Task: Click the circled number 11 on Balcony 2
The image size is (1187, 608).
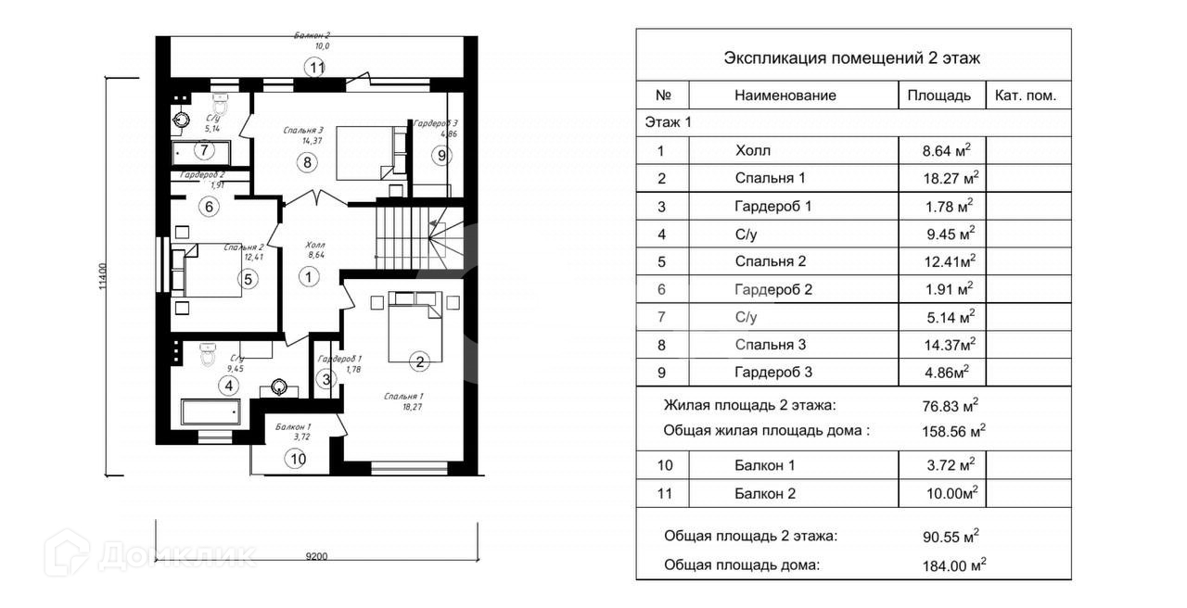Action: click(x=317, y=67)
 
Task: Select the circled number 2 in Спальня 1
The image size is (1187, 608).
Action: click(x=419, y=362)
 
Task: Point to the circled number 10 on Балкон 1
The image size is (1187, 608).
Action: click(x=297, y=457)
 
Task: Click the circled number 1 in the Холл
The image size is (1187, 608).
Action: click(x=307, y=275)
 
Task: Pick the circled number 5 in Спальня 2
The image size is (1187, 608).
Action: click(x=248, y=278)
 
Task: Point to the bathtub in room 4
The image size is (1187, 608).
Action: click(x=211, y=412)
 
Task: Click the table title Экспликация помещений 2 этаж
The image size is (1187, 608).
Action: click(x=852, y=57)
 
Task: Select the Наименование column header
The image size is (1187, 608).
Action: click(x=785, y=95)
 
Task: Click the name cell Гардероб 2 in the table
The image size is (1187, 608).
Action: click(x=773, y=289)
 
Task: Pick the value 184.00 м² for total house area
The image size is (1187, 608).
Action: click(x=949, y=564)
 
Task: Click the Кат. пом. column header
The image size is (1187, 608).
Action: click(x=1026, y=95)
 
